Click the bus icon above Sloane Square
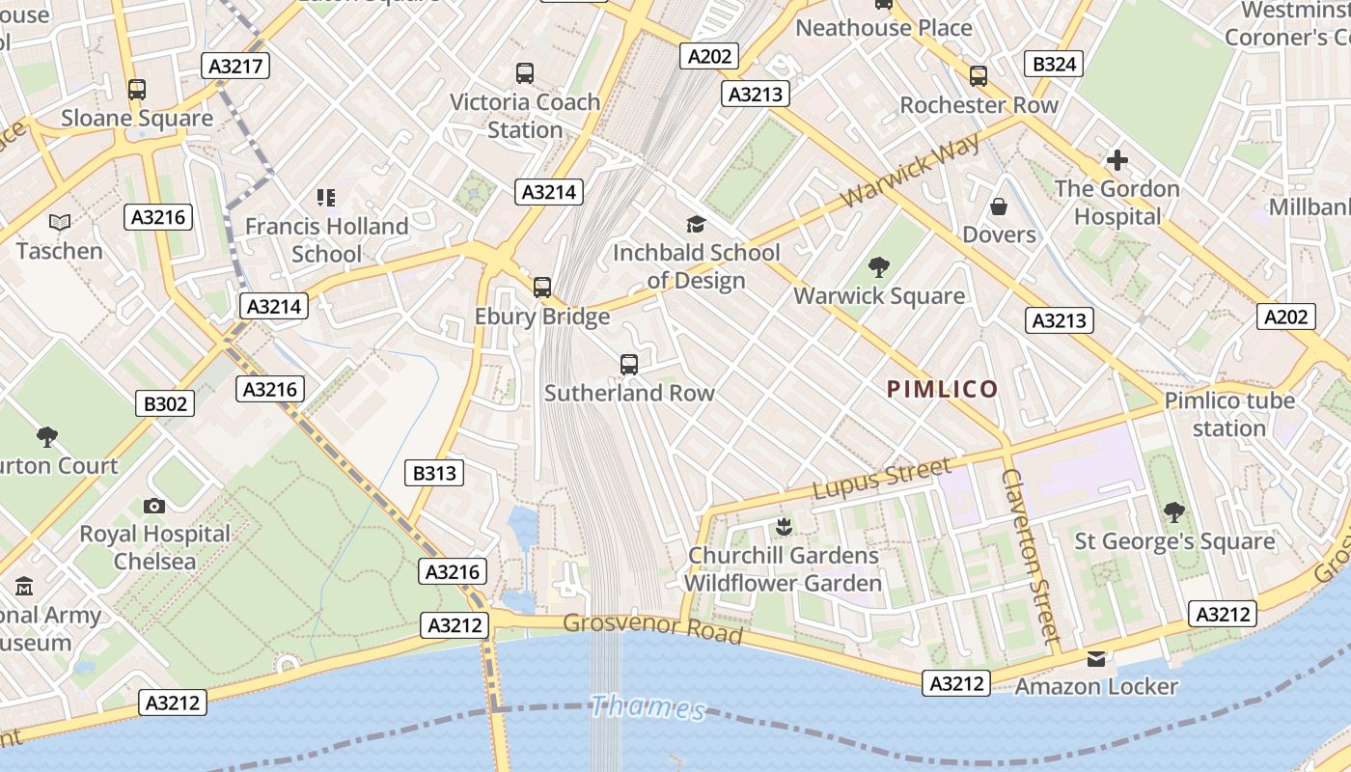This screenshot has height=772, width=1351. (x=137, y=90)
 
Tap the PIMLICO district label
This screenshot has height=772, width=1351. (x=943, y=389)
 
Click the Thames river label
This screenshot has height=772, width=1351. (x=648, y=707)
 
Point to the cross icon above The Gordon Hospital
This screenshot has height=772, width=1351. (x=1117, y=160)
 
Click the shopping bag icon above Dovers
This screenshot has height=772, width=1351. (x=999, y=207)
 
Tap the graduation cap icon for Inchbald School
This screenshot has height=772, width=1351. (x=696, y=225)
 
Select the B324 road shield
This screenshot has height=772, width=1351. (x=1054, y=65)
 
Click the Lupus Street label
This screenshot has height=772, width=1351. (x=881, y=480)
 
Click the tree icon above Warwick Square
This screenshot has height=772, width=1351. (x=878, y=267)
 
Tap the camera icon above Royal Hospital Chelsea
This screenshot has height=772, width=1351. (x=153, y=506)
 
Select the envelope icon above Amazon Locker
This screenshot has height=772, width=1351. (x=1095, y=659)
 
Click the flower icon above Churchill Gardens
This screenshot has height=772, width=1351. (x=783, y=527)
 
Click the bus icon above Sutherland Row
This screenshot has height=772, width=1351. (x=629, y=365)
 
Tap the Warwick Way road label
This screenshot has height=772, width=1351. (x=910, y=171)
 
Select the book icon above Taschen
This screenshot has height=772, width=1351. (x=60, y=223)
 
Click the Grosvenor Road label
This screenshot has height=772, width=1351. (x=653, y=628)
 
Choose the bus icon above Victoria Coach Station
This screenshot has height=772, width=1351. (x=525, y=73)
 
